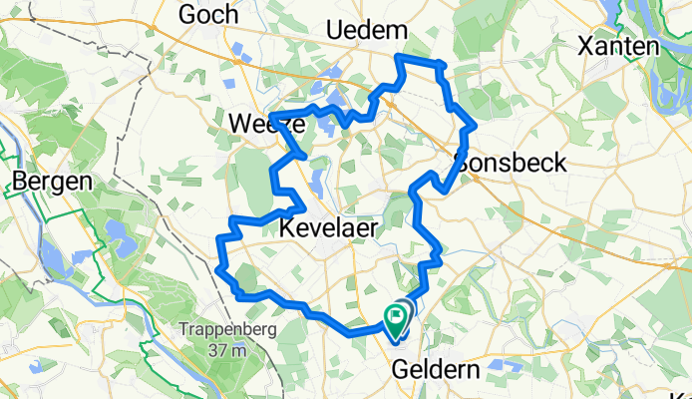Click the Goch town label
tap(207, 14)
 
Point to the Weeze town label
tap(259, 125)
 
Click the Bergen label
tap(52, 183)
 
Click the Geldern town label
tap(436, 369)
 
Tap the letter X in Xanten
tap(586, 46)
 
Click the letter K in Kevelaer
tap(286, 228)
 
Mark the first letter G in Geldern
tap(400, 369)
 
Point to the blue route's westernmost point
tap(217, 267)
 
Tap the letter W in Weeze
tap(239, 125)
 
